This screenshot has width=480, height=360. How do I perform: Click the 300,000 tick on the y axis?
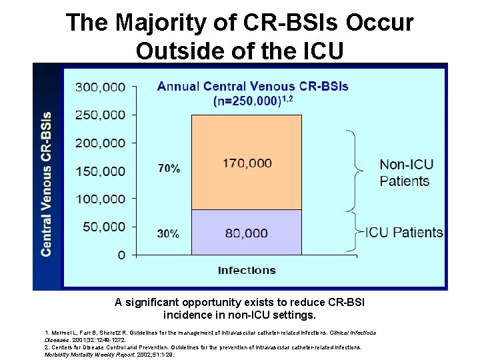tap(100, 87)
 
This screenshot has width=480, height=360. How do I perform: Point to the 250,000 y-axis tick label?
tap(100, 115)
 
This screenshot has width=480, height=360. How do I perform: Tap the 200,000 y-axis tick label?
tap(100, 143)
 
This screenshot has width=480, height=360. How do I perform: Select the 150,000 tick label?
tap(100, 171)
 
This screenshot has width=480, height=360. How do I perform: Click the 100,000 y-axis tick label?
tap(100, 199)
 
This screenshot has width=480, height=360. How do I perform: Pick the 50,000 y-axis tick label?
tap(103, 227)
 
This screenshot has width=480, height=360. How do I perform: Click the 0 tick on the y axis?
tap(121, 255)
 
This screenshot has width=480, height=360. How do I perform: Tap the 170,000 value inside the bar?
tap(247, 162)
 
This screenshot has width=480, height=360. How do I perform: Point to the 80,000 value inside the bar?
tap(247, 233)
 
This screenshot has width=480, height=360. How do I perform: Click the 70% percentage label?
tap(168, 169)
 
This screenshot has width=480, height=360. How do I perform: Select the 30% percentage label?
tap(168, 233)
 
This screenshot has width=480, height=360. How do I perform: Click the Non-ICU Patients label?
tap(404, 172)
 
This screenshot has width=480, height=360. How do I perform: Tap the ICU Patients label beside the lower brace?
tap(404, 233)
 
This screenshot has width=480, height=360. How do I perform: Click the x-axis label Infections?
tap(247, 270)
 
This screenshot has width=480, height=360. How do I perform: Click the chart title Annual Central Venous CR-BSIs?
tap(252, 87)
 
